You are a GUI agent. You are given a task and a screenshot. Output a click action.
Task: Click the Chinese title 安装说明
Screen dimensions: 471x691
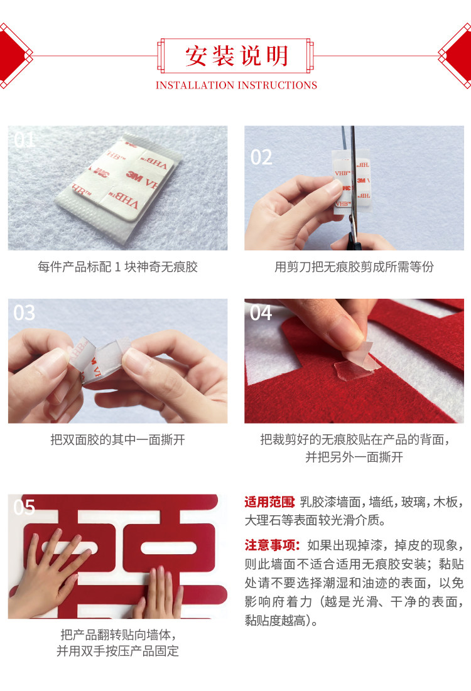pyautogui.click(x=236, y=56)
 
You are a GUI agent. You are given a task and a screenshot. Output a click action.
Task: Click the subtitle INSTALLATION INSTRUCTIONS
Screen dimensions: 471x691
pyautogui.click(x=236, y=85)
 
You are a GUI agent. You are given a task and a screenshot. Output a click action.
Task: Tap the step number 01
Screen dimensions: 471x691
pyautogui.click(x=24, y=140)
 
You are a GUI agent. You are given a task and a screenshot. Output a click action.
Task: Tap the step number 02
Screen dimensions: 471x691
pyautogui.click(x=261, y=158)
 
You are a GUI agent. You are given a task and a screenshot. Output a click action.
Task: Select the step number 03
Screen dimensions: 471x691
pyautogui.click(x=24, y=313)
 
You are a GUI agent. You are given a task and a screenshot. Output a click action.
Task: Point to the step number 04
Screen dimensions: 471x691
pyautogui.click(x=261, y=313)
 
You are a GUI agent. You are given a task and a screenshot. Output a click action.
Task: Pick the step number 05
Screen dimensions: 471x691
pyautogui.click(x=24, y=508)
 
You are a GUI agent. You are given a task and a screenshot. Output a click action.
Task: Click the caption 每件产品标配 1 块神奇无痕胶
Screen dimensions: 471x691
pyautogui.click(x=118, y=267)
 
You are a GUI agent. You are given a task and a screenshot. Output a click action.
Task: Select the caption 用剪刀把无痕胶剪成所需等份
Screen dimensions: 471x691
pyautogui.click(x=354, y=267)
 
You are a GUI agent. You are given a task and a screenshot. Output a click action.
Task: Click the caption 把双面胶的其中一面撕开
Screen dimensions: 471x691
pyautogui.click(x=118, y=439)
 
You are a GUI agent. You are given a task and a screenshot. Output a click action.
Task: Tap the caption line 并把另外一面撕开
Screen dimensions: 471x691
pyautogui.click(x=354, y=457)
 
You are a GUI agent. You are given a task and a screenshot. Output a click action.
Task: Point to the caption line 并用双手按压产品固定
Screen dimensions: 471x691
pyautogui.click(x=118, y=651)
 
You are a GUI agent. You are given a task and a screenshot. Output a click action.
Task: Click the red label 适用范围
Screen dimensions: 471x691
pyautogui.click(x=270, y=502)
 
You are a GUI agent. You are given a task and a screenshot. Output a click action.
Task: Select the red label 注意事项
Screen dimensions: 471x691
pyautogui.click(x=272, y=545)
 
